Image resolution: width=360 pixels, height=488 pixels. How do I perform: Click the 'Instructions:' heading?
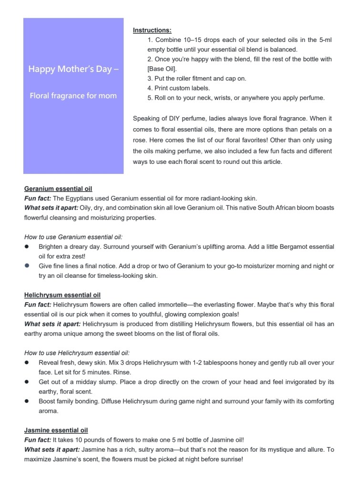pyautogui.click(x=152, y=30)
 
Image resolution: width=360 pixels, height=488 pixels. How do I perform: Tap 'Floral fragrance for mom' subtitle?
pyautogui.click(x=73, y=95)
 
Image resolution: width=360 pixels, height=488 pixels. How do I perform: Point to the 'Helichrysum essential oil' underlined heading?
pyautogui.click(x=62, y=295)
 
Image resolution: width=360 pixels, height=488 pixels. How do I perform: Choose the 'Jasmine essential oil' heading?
pyautogui.click(x=56, y=430)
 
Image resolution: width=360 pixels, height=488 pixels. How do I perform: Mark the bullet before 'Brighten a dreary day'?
pyautogui.click(x=28, y=247)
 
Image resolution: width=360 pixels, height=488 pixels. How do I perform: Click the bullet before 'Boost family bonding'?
pyautogui.click(x=28, y=401)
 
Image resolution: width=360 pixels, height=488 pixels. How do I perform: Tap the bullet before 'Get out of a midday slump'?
pyautogui.click(x=28, y=382)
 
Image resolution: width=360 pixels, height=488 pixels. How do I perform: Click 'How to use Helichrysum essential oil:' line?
pyautogui.click(x=77, y=353)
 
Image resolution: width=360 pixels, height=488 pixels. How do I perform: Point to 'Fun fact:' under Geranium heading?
pyautogui.click(x=38, y=198)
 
